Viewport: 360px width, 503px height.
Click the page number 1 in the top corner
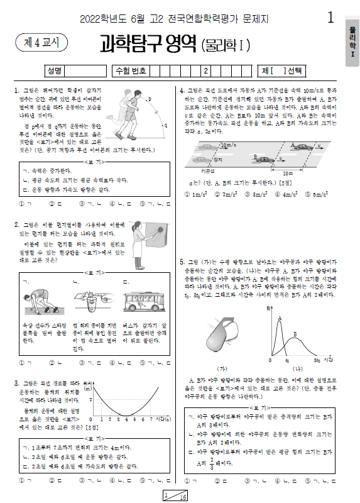pos(330,19)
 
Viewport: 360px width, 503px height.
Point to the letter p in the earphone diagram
pos(149,99)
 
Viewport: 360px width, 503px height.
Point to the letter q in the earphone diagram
pos(165,125)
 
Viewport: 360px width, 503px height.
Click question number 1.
pos(16,91)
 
